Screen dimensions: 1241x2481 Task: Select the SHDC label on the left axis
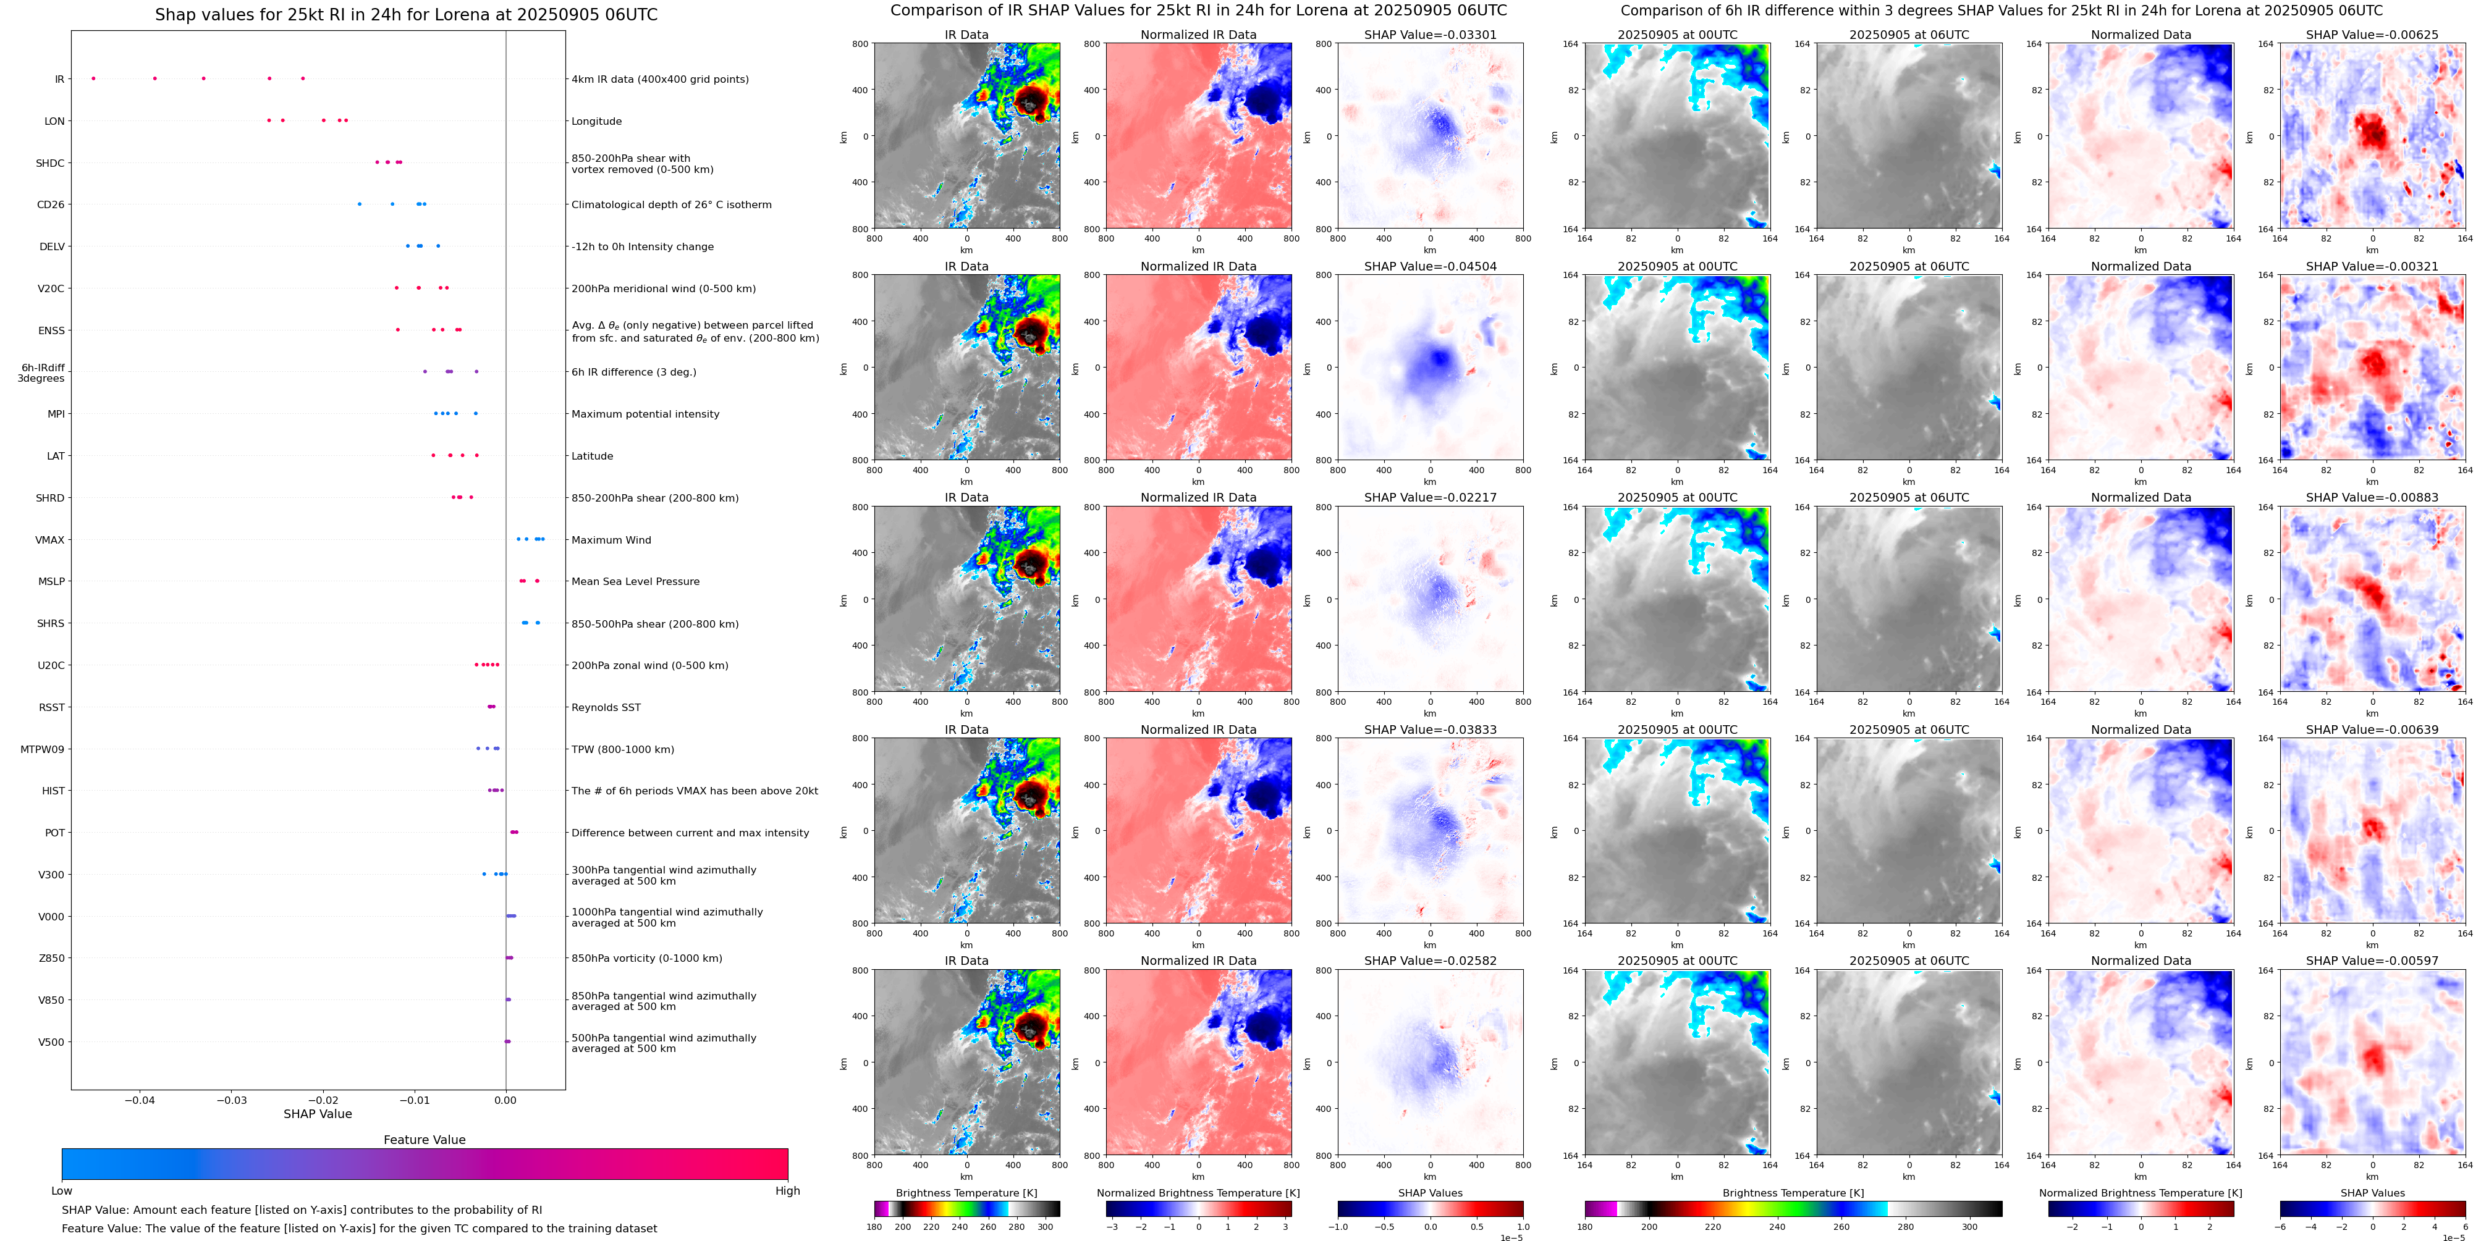click(50, 162)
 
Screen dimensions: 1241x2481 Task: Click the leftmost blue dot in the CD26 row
click(359, 204)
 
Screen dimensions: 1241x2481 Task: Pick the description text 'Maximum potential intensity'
click(645, 414)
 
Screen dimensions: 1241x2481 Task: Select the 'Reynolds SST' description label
click(605, 708)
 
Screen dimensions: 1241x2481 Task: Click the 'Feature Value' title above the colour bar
click(424, 1140)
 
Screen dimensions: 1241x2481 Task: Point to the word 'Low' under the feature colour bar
click(62, 1191)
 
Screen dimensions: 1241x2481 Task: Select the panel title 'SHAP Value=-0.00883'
click(2371, 498)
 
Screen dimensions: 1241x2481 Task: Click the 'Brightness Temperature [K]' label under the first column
click(966, 1193)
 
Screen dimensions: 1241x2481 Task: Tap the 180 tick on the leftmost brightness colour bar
click(874, 1227)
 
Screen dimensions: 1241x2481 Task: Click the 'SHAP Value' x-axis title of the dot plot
click(317, 1114)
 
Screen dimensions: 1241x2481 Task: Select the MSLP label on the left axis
click(51, 581)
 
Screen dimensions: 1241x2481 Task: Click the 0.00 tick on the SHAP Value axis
click(505, 1100)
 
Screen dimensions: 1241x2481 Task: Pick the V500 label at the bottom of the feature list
click(51, 1041)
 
